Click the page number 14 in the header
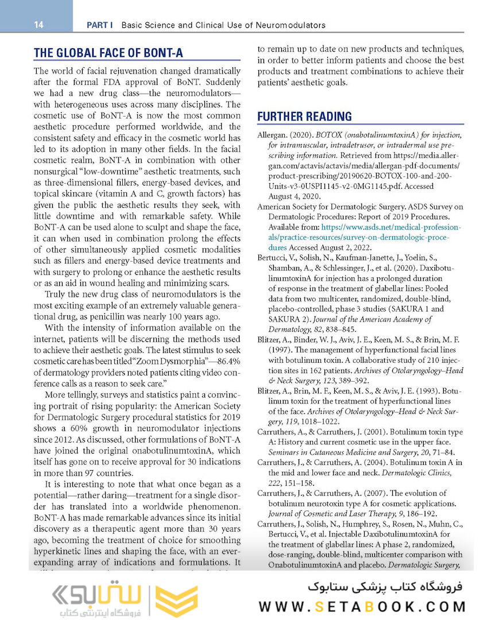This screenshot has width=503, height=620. (x=39, y=25)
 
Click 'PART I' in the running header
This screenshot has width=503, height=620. (x=99, y=25)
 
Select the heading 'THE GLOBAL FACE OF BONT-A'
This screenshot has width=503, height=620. (x=109, y=53)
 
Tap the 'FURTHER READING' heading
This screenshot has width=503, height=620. (x=304, y=117)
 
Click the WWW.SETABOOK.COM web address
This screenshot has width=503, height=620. (x=362, y=606)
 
